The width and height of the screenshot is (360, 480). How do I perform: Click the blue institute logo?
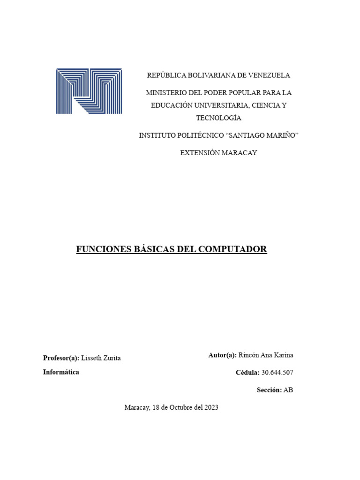89,91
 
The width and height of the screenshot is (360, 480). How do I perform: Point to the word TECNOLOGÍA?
218,118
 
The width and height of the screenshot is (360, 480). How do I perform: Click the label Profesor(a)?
61,358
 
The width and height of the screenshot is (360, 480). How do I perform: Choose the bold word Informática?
61,372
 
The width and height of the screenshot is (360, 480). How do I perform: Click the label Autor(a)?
222,355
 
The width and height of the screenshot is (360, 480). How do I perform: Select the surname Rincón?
249,355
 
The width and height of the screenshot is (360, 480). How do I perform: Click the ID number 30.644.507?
277,373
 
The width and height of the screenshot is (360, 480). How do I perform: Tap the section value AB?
288,390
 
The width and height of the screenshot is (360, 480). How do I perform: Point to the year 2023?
210,408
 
